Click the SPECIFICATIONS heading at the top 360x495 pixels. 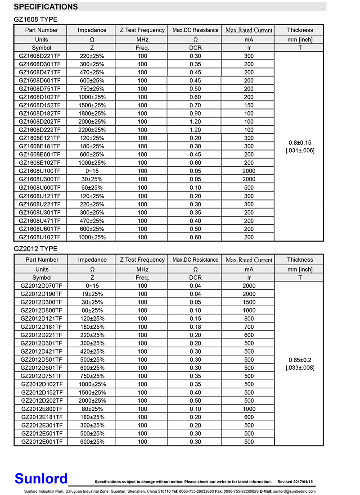click(x=46, y=7)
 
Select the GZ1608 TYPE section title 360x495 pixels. click(x=36, y=19)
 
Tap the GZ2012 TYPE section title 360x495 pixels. click(x=36, y=249)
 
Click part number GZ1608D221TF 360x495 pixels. click(x=40, y=56)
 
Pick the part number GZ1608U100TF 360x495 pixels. click(x=40, y=171)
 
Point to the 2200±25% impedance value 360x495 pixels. click(x=92, y=130)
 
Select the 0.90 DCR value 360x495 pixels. click(x=195, y=114)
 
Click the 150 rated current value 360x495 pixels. click(x=249, y=105)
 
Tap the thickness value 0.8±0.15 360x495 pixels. click(x=300, y=142)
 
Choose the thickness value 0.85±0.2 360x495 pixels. click(x=300, y=360)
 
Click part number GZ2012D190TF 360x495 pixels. click(x=42, y=294)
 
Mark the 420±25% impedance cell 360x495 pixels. click(x=92, y=351)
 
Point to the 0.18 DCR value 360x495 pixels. click(x=195, y=327)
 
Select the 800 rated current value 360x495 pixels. click(x=249, y=318)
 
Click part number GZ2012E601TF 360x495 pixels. click(x=42, y=442)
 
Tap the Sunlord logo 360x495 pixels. click(x=41, y=478)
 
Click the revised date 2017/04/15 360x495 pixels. click(x=302, y=481)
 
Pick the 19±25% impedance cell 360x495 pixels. click(x=92, y=294)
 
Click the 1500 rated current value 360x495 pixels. click(x=249, y=302)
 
